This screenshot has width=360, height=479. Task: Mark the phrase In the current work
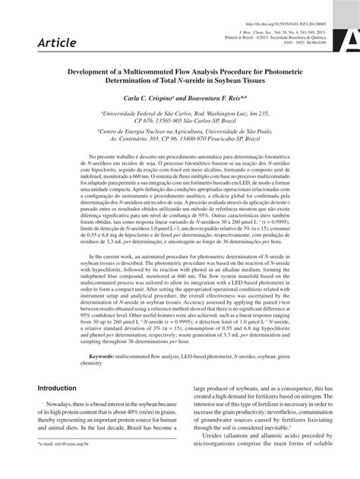point(85,255)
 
